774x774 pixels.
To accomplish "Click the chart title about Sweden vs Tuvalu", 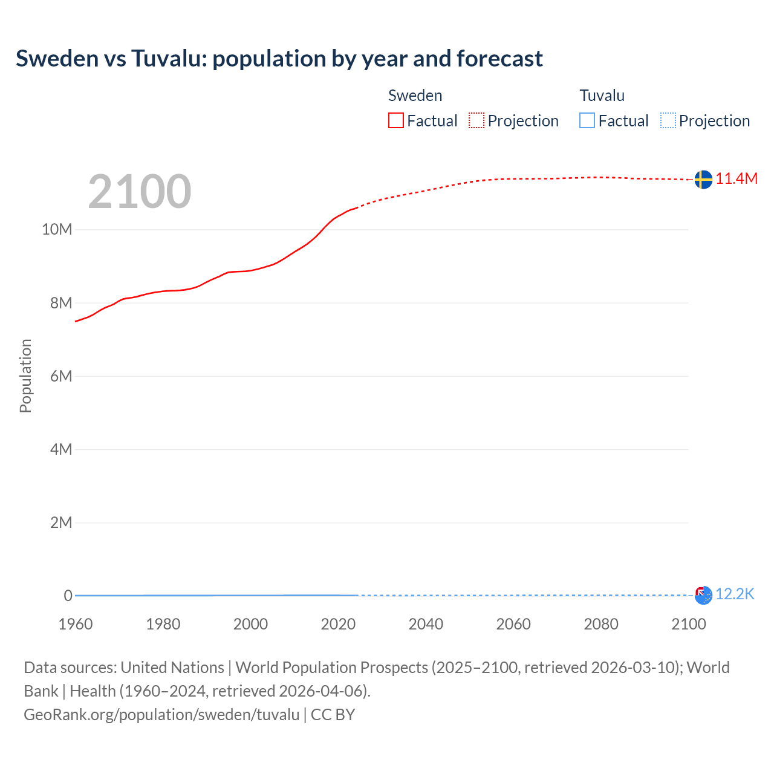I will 279,59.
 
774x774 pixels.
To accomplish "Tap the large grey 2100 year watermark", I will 140,192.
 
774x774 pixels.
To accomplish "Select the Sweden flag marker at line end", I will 703,180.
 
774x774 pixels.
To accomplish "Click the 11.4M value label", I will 736,178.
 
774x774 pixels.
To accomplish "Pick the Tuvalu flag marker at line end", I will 703,595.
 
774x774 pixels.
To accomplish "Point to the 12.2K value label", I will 735,594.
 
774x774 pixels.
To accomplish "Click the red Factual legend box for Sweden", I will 396,121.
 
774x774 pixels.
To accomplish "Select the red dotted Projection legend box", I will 476,121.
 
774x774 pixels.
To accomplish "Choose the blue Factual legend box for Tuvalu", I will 587,121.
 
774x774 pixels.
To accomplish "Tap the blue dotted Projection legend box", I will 668,121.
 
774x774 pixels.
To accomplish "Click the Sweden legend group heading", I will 415,96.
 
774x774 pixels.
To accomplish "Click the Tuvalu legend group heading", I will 602,96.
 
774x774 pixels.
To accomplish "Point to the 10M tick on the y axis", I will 57,230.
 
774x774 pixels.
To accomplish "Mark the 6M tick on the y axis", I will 61,376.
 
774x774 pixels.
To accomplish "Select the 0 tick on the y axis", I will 68,596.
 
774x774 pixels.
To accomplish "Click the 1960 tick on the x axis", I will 76,624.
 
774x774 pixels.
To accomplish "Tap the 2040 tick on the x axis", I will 426,624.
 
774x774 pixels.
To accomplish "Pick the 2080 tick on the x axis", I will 601,624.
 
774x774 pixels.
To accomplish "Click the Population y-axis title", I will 25,376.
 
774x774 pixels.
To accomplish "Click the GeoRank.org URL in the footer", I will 161,715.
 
